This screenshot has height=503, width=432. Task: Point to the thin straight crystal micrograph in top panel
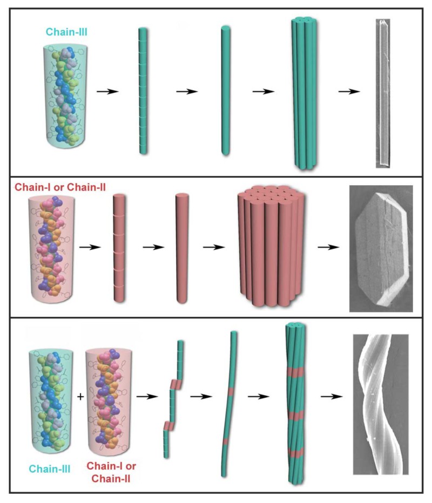click(x=382, y=93)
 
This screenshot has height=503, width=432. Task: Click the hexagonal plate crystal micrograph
click(x=381, y=249)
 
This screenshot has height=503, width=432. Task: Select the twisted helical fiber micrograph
click(x=380, y=405)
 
